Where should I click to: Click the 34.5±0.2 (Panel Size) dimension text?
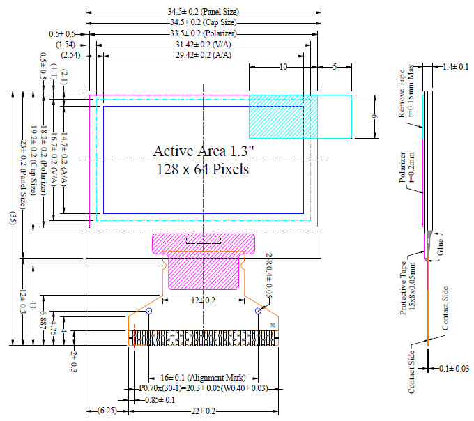tap(204, 13)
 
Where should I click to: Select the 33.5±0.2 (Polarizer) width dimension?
tap(204, 33)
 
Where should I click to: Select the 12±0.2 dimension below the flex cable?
tap(204, 300)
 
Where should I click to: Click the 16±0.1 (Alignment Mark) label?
tap(204, 377)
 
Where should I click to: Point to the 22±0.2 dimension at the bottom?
tap(204, 411)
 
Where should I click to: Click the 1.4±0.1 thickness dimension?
tap(456, 67)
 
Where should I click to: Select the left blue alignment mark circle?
tap(149, 311)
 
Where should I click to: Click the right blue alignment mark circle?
tap(259, 311)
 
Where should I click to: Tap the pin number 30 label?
tap(273, 325)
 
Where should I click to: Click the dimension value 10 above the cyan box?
tap(283, 67)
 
